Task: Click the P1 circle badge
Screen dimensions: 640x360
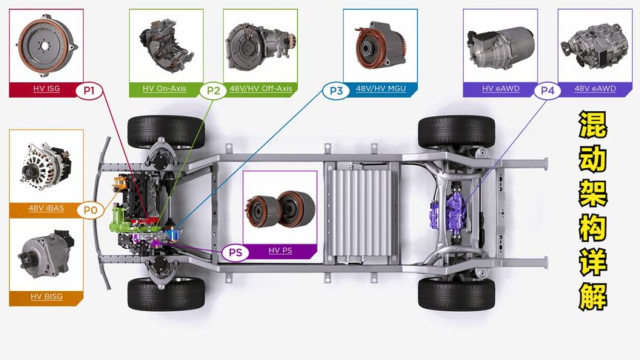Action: tap(89, 90)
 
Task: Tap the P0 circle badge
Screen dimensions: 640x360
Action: tap(90, 210)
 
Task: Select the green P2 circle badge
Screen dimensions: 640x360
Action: tap(213, 90)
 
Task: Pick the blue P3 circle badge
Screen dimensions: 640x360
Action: tap(336, 90)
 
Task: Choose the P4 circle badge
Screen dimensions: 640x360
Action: tap(547, 90)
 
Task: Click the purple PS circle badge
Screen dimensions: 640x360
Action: tap(235, 253)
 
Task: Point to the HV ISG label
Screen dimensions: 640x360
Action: tap(47, 89)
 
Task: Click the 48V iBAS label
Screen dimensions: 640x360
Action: tap(46, 208)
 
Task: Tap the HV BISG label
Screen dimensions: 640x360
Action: tap(47, 297)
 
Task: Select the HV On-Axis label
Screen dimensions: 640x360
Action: tap(164, 89)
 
